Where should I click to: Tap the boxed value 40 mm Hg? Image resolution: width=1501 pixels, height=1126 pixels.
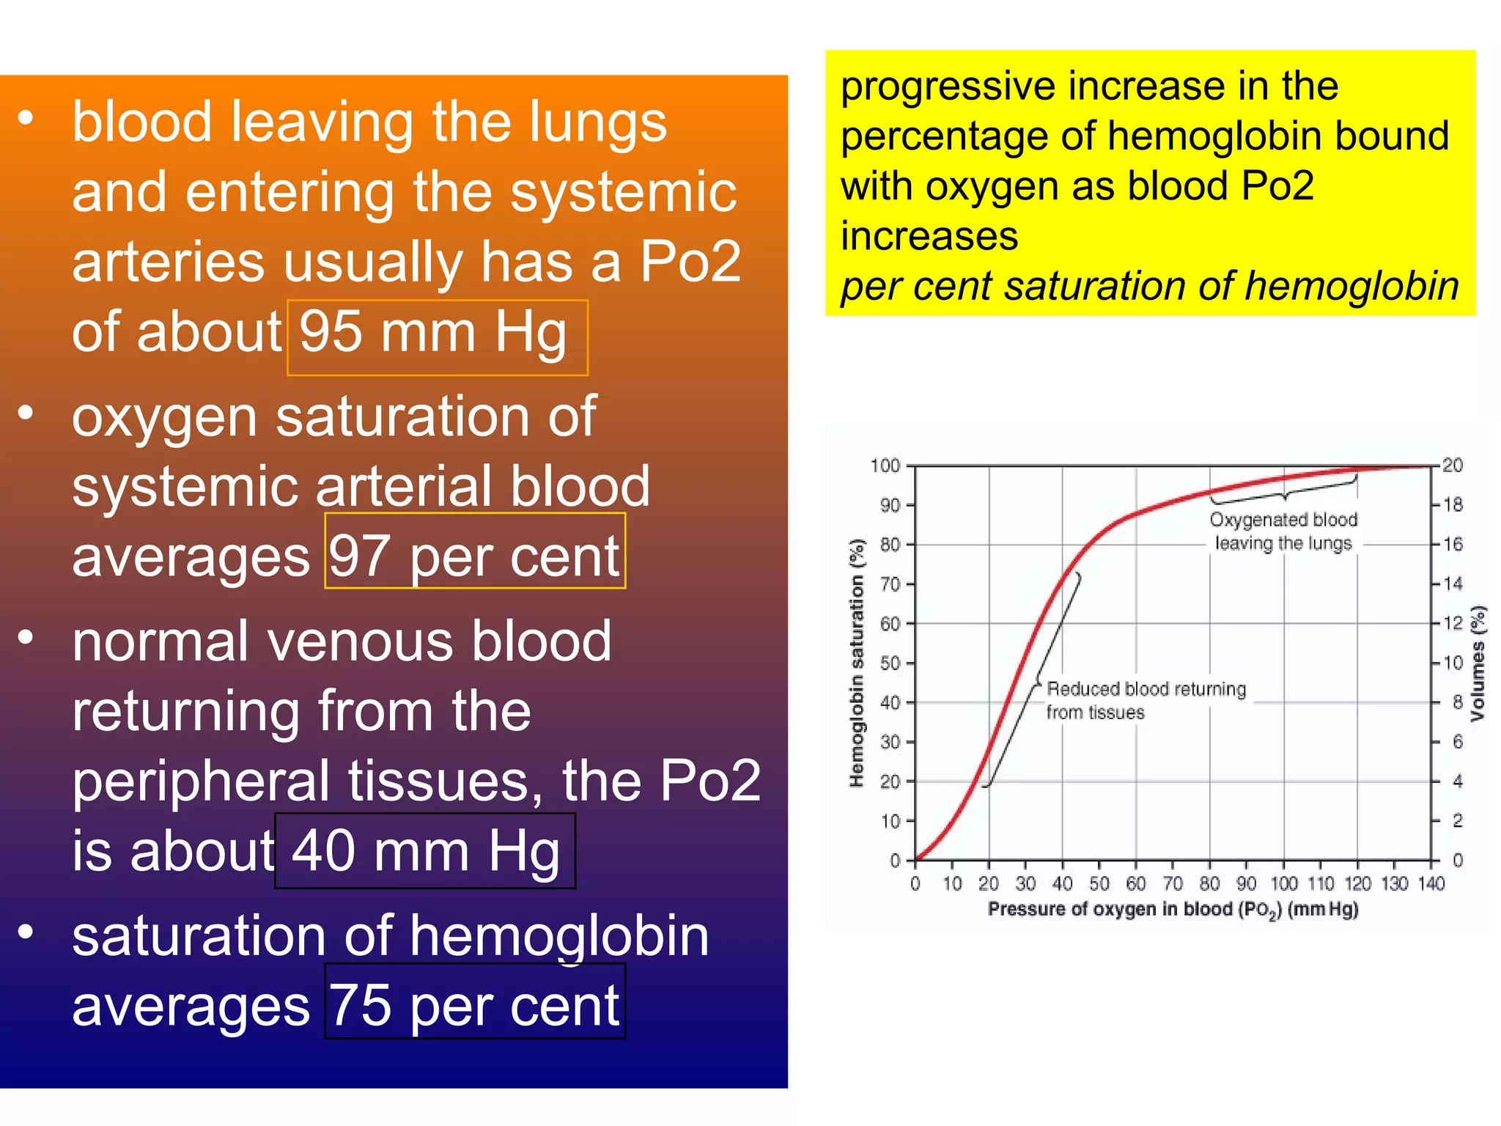425,851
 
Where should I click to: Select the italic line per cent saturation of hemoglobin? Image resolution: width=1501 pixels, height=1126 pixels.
1149,286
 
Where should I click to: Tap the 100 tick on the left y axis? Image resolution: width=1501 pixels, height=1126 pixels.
885,466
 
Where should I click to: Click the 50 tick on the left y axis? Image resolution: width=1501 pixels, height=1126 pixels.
890,663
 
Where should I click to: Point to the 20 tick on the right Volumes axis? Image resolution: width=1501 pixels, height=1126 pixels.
1453,466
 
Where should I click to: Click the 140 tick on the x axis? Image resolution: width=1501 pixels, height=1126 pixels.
1431,883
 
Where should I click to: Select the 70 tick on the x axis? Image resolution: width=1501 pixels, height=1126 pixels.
1173,883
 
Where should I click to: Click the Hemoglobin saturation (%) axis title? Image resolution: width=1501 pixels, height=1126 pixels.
857,663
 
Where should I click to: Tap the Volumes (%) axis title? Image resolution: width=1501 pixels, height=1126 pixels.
1478,663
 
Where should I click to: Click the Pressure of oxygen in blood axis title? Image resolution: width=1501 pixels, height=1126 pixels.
1173,910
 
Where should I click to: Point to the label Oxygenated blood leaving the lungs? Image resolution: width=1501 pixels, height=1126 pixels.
1283,531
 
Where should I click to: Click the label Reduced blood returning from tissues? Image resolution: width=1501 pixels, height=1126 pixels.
1145,700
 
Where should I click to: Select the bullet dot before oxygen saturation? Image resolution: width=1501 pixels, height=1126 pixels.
26,413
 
